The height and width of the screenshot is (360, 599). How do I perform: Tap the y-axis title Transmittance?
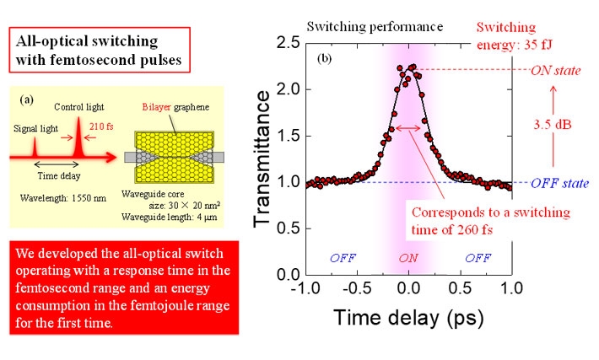262,158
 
